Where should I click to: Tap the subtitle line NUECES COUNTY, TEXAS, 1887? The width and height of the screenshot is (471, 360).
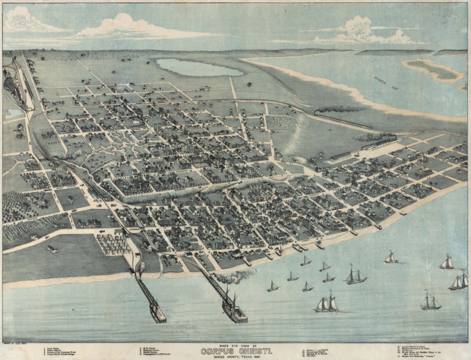click(235, 358)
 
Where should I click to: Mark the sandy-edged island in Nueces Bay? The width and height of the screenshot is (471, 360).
click(434, 70)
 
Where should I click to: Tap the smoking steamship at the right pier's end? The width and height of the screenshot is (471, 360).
click(232, 309)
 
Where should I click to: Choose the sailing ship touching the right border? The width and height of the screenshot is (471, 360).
click(459, 282)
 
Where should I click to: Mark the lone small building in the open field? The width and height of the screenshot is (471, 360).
click(52, 248)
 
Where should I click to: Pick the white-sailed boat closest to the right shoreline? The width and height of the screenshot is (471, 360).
click(390, 257)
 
